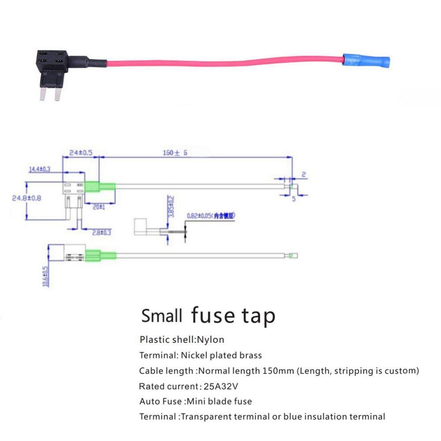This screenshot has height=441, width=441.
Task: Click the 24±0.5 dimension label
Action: pos(81,153)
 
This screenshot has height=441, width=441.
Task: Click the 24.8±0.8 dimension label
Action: pos(26,198)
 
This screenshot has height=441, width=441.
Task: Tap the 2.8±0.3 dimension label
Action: pos(101,232)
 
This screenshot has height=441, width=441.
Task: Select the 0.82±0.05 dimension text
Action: pos(210,216)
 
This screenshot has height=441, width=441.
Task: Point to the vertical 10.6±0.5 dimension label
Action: pos(45,277)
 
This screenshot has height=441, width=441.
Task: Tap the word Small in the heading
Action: pos(161,316)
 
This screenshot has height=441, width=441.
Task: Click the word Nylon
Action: pos(210,340)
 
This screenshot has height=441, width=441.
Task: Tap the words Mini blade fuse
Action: pos(218,401)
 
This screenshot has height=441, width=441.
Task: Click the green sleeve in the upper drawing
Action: pos(100,187)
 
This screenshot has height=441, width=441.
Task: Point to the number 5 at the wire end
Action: pos(292,198)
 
